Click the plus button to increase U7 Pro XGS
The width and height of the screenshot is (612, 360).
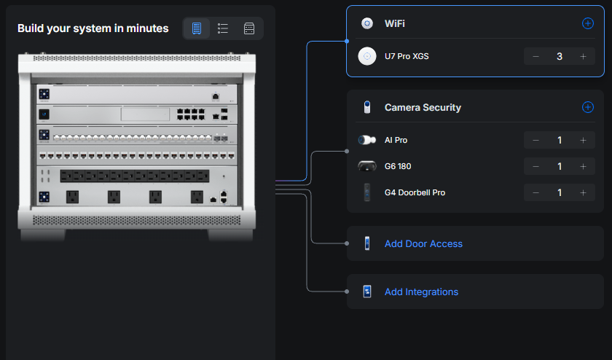point(583,56)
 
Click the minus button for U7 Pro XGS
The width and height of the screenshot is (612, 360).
point(536,56)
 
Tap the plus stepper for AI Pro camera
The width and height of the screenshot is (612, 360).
point(583,140)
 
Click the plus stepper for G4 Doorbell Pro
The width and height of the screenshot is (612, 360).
point(583,192)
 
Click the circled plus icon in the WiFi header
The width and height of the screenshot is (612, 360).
point(588,23)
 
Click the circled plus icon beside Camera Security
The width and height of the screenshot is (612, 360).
point(588,107)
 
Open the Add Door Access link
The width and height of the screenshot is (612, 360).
point(423,243)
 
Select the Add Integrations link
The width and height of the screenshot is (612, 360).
point(421,291)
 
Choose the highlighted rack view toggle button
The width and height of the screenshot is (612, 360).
point(196,28)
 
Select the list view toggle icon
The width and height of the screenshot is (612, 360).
point(223,28)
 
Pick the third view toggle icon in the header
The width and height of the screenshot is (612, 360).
point(249,28)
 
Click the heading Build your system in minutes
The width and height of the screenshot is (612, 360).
point(93,28)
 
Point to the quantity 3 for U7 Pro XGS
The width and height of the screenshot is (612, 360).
point(560,56)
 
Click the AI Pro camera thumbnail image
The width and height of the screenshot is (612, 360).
point(367,140)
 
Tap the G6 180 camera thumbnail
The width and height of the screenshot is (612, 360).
point(367,166)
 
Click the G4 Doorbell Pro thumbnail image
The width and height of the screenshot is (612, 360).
point(367,192)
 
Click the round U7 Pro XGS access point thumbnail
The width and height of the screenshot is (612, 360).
point(367,56)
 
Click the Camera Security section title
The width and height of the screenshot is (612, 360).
point(423,107)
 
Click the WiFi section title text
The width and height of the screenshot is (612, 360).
point(395,23)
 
